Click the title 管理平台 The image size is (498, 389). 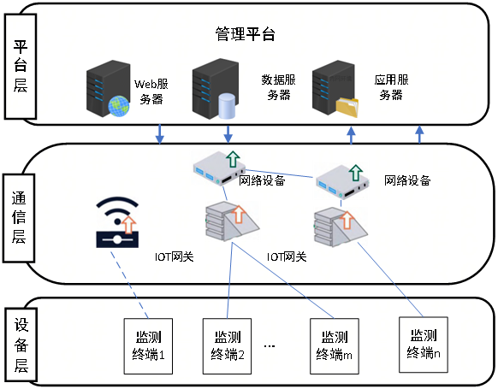pyautogui.click(x=245, y=34)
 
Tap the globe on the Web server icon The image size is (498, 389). pyautogui.click(x=119, y=106)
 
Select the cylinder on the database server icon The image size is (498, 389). pyautogui.click(x=227, y=106)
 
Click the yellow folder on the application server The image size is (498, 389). pyautogui.click(x=347, y=107)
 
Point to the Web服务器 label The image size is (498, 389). pyautogui.click(x=151, y=91)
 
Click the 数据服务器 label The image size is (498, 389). pyautogui.click(x=279, y=87)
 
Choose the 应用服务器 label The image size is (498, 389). pyautogui.click(x=391, y=87)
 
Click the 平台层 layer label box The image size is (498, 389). pyautogui.click(x=21, y=67)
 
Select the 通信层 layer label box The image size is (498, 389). pyautogui.click(x=19, y=218)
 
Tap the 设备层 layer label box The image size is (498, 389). pyautogui.click(x=21, y=345)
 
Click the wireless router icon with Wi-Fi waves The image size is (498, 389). pyautogui.click(x=117, y=222)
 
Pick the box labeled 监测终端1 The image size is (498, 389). pyautogui.click(x=148, y=346)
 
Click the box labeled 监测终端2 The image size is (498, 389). pyautogui.click(x=227, y=346)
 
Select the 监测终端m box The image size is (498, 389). pyautogui.click(x=335, y=346)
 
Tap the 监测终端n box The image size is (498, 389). pyautogui.click(x=424, y=345)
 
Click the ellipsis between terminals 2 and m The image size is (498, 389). pyautogui.click(x=270, y=346)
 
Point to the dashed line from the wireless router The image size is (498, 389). pyautogui.click(x=129, y=285)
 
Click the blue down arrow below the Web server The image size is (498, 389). pyautogui.click(x=159, y=134)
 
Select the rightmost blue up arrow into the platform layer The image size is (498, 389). pyautogui.click(x=420, y=134)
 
